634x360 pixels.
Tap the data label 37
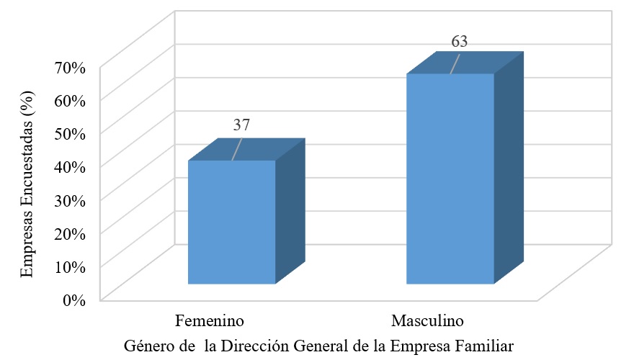(x=242, y=125)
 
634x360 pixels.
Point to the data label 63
(x=460, y=41)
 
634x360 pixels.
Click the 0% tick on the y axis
(x=74, y=300)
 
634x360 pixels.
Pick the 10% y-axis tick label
(x=71, y=266)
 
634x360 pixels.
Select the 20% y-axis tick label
(x=71, y=233)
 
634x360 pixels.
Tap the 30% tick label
(x=71, y=199)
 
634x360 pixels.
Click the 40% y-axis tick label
(x=71, y=166)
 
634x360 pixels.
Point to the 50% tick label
(x=71, y=133)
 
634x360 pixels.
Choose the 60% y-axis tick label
(x=71, y=100)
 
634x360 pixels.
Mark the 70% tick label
(x=71, y=67)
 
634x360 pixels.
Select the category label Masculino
(x=428, y=320)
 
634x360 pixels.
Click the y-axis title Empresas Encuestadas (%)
(x=27, y=184)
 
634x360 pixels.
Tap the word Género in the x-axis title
(x=148, y=345)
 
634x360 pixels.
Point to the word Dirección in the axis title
(x=255, y=345)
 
